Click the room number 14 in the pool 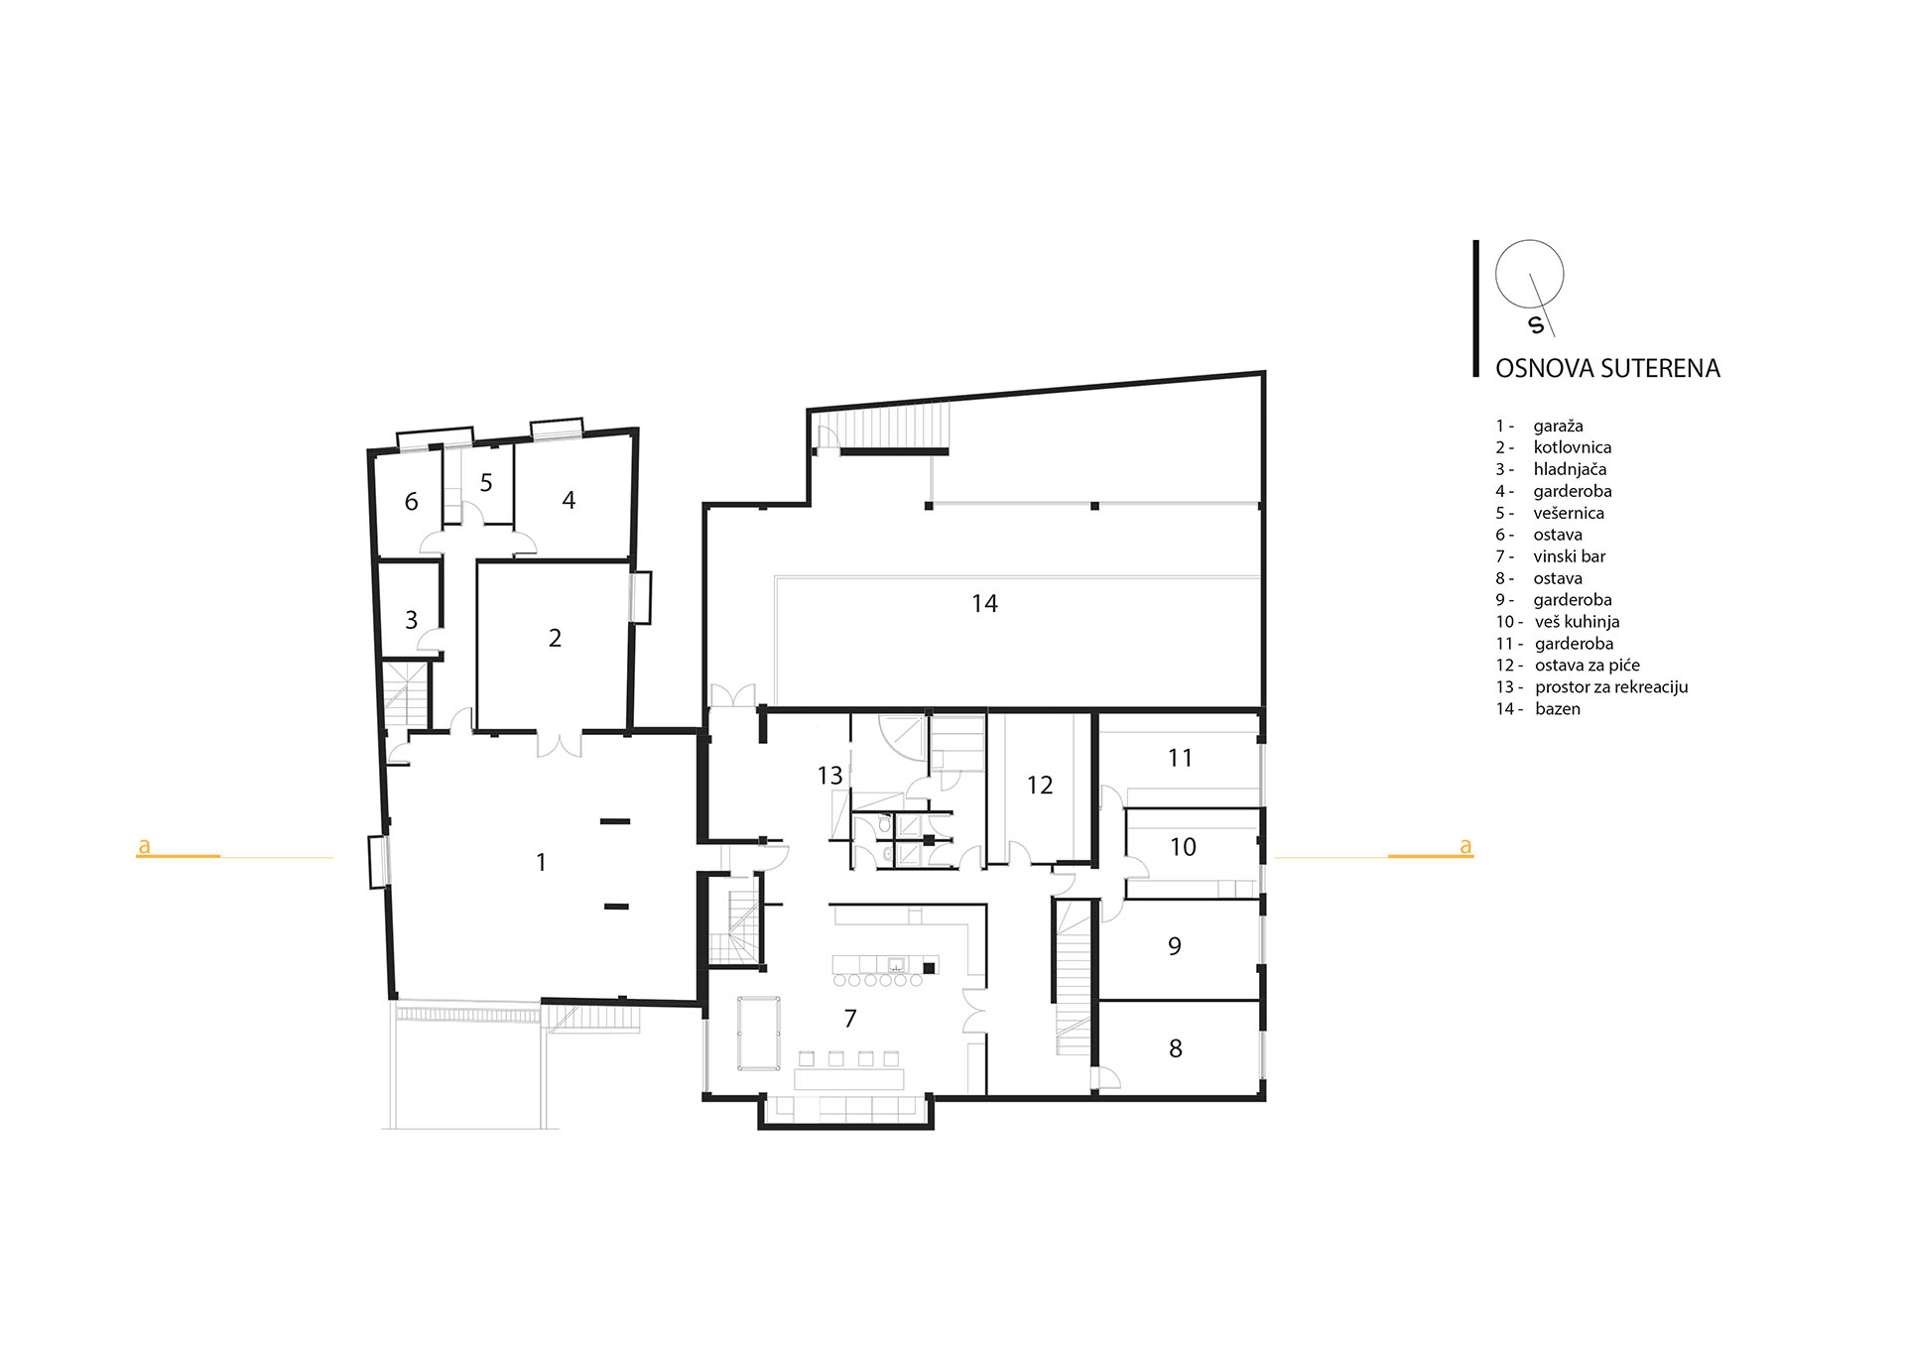click(984, 603)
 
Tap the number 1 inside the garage click(541, 862)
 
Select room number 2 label click(555, 638)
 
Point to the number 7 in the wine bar click(850, 1018)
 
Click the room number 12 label click(1040, 785)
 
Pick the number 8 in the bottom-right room click(1176, 1048)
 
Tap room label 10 click(1183, 846)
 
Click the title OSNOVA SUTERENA click(1607, 368)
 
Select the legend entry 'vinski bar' click(1569, 556)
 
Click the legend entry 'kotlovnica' click(1572, 447)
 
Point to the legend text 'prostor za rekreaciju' click(1611, 686)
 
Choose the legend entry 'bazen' click(1557, 708)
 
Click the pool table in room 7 click(759, 1034)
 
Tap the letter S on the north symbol click(1537, 324)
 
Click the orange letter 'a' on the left click(144, 846)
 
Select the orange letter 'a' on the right click(1465, 846)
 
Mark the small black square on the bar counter click(930, 966)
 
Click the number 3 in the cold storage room click(412, 620)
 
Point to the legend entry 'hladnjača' click(1570, 469)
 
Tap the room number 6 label click(412, 502)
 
